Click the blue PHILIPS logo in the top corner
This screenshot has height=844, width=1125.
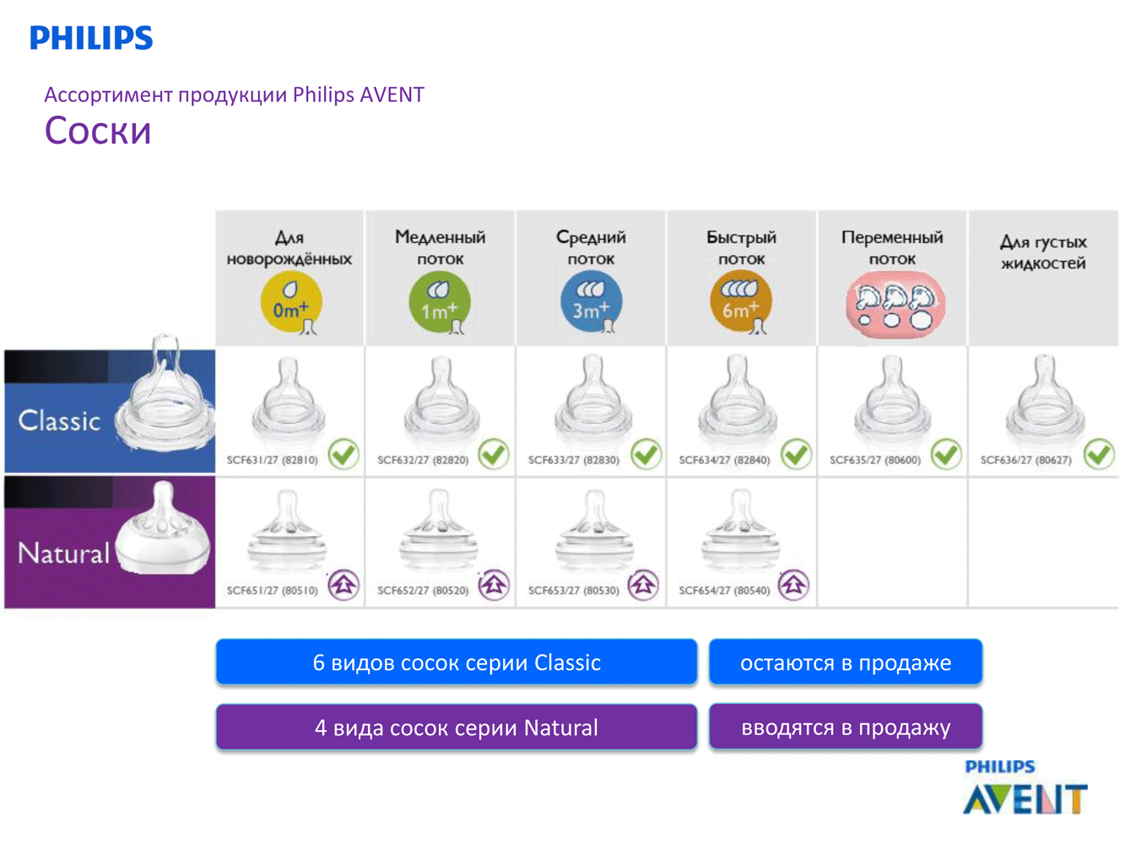(x=91, y=38)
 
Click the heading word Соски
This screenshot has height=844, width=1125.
(x=98, y=131)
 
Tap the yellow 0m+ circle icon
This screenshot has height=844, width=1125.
(x=291, y=303)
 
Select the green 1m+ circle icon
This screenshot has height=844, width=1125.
(x=440, y=303)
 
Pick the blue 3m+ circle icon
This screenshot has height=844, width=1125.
(x=591, y=303)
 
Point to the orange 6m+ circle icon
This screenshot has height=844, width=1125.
(x=741, y=303)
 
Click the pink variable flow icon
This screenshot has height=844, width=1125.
(x=895, y=306)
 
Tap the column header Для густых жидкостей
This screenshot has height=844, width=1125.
(x=1043, y=252)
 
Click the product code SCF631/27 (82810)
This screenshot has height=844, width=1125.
(x=273, y=461)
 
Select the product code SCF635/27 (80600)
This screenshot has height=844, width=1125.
(x=875, y=461)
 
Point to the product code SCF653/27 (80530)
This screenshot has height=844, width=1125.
(x=574, y=591)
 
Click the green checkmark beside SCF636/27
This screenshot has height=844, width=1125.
(x=1099, y=454)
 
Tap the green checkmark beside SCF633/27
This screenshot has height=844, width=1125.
(x=646, y=454)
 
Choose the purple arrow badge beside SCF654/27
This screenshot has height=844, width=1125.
(x=793, y=584)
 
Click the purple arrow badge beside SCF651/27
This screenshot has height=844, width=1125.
(x=343, y=584)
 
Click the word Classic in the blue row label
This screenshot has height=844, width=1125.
(x=59, y=420)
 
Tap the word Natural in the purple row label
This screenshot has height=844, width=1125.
(x=64, y=554)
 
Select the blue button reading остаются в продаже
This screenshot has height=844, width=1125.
(x=846, y=663)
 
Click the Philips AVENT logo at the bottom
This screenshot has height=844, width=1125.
(x=1025, y=788)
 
